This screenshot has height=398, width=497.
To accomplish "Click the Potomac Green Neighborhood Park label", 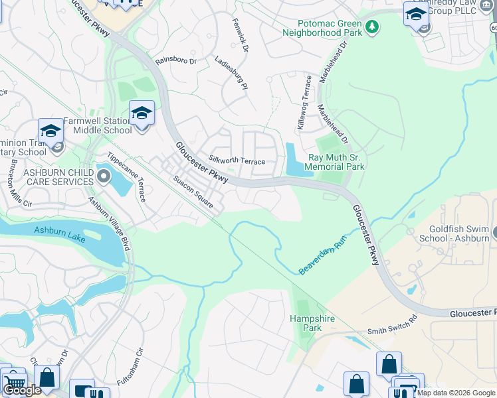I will click(x=322, y=27).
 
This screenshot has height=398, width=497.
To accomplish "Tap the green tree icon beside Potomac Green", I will click(x=373, y=27).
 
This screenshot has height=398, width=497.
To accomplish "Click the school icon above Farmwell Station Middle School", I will click(x=142, y=113).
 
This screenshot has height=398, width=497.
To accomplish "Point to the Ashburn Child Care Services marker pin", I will click(x=103, y=176).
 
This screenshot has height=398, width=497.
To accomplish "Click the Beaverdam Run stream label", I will click(x=322, y=257).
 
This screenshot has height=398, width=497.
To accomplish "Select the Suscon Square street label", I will click(x=193, y=192).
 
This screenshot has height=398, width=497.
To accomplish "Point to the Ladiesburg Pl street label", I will click(x=231, y=73).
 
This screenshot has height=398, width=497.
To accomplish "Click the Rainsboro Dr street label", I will click(x=176, y=60).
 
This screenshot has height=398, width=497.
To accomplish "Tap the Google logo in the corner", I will click(x=21, y=390).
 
